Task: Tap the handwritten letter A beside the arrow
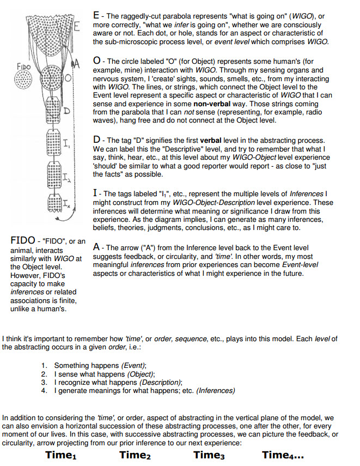(77, 64)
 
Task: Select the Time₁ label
(61, 455)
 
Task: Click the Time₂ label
(135, 455)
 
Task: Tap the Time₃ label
(209, 455)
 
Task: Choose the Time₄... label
(283, 455)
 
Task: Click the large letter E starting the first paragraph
(96, 16)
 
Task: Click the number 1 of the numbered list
(44, 365)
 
